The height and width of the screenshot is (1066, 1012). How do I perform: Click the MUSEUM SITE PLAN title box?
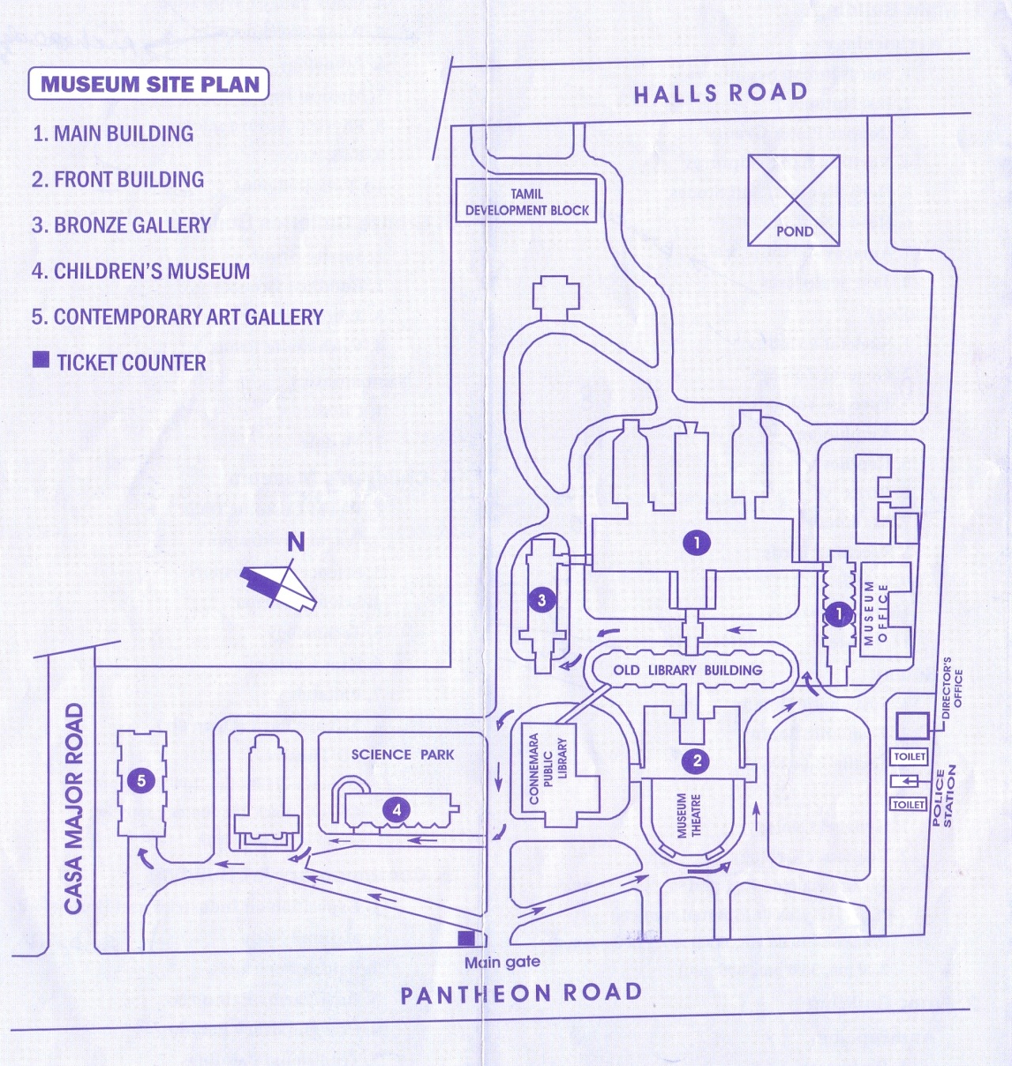click(x=149, y=85)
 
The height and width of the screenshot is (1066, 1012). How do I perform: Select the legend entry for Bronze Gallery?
click(x=121, y=225)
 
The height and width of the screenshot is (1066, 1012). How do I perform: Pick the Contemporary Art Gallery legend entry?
click(x=177, y=317)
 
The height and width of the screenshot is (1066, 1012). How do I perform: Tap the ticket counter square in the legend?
click(x=41, y=361)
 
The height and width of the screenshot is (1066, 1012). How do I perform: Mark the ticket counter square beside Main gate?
click(x=466, y=938)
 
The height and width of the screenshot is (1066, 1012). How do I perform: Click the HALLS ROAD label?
click(x=720, y=93)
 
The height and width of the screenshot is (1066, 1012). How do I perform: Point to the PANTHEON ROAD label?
click(x=521, y=994)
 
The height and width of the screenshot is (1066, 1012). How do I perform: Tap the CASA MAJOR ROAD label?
click(x=74, y=808)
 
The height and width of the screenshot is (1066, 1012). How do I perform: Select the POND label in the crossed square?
click(x=794, y=232)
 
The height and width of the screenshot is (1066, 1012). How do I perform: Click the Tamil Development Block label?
click(x=527, y=202)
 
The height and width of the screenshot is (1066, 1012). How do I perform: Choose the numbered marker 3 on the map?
click(x=542, y=600)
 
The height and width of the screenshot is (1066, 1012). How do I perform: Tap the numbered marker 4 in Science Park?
click(x=397, y=809)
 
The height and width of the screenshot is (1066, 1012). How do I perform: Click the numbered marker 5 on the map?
click(x=142, y=781)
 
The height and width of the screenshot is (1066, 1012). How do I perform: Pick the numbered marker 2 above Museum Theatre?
click(x=697, y=761)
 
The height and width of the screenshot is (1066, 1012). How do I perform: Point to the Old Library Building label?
click(x=688, y=671)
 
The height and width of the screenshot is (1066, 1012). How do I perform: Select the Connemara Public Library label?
click(x=548, y=769)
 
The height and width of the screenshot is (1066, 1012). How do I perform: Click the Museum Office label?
click(x=875, y=613)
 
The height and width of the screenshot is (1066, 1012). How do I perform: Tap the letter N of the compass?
click(x=296, y=542)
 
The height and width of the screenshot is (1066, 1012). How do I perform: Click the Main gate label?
click(x=502, y=962)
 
